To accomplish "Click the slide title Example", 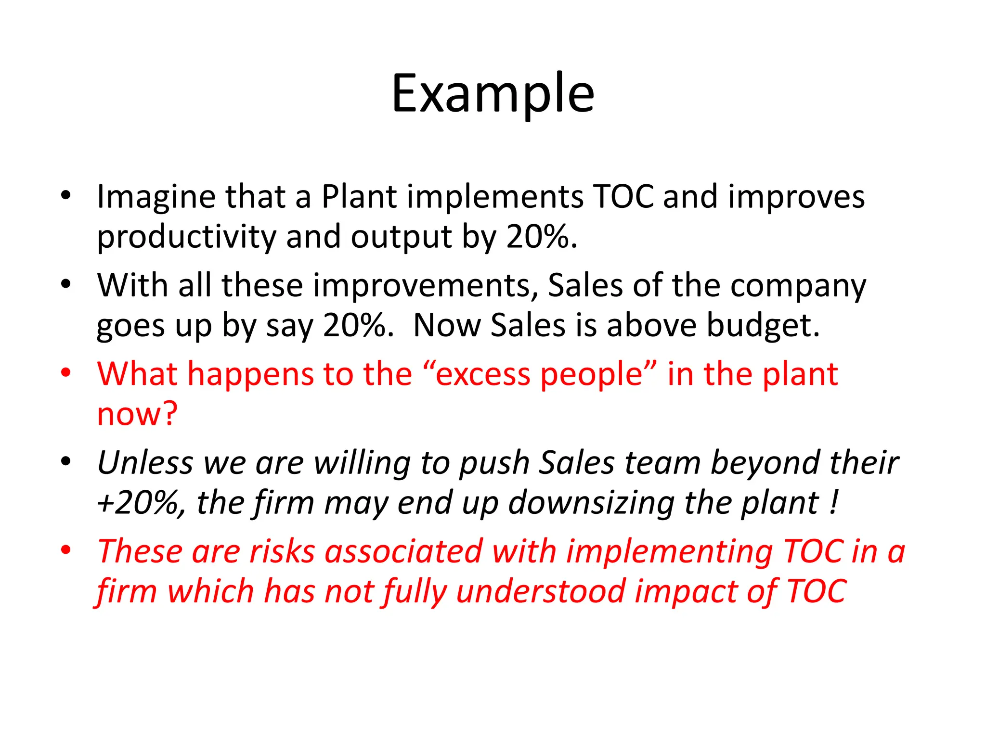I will coord(493,94).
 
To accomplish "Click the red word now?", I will coord(137,414).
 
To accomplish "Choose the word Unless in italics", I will coord(145,463).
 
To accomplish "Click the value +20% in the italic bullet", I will coord(140,503).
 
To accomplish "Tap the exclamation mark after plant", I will coord(834,503).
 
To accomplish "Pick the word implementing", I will coord(669,552).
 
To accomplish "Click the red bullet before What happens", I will coord(66,373).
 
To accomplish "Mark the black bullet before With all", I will coord(66,284).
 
